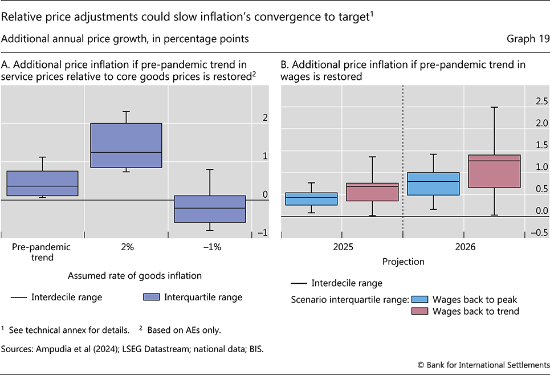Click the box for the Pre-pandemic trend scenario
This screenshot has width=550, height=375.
coord(42,184)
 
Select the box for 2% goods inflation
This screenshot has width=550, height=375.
coord(127,145)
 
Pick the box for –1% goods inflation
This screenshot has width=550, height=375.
coord(210,209)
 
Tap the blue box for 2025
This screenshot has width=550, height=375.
coord(311,199)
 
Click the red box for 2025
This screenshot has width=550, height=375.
coord(372,192)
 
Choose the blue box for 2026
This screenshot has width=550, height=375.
coord(433,184)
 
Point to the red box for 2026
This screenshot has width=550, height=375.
coord(494,171)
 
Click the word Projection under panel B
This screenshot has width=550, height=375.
coord(402,262)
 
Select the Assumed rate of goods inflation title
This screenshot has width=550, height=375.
coord(127,276)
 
